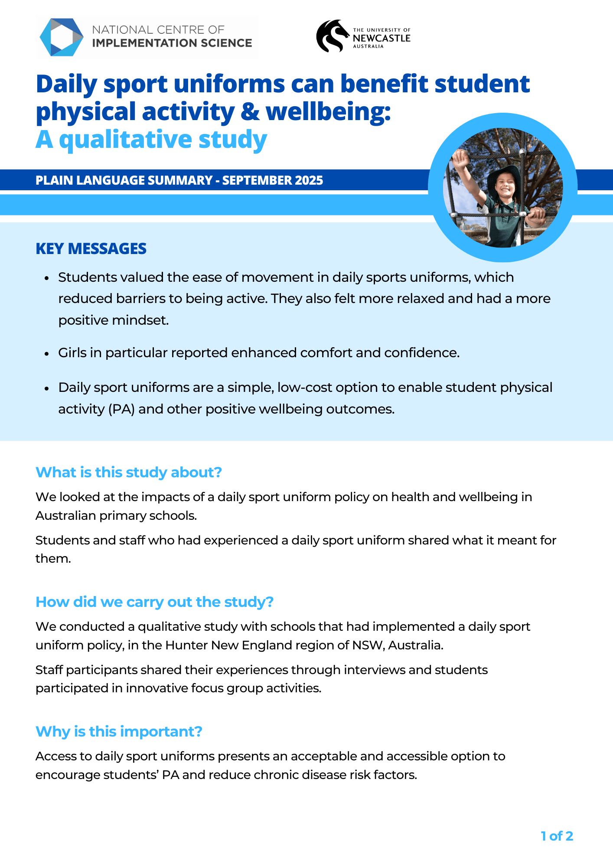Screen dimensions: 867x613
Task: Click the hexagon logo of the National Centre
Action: coord(62,37)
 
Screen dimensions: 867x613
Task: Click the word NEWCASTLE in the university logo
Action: coord(381,38)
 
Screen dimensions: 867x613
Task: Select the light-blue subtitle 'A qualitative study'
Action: coord(151,140)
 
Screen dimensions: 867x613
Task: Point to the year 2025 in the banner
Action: coord(309,180)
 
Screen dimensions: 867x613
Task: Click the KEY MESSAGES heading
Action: coord(91,249)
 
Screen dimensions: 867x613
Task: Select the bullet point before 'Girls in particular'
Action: coord(47,354)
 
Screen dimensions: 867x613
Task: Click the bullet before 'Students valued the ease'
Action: coord(47,278)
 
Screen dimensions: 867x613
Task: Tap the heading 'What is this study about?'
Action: coord(129,472)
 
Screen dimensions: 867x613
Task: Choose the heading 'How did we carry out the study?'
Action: coord(154,602)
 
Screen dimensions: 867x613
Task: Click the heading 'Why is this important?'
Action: coord(119,731)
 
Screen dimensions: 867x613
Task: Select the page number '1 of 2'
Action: coord(557,836)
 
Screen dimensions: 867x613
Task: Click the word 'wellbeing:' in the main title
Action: coord(328,112)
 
